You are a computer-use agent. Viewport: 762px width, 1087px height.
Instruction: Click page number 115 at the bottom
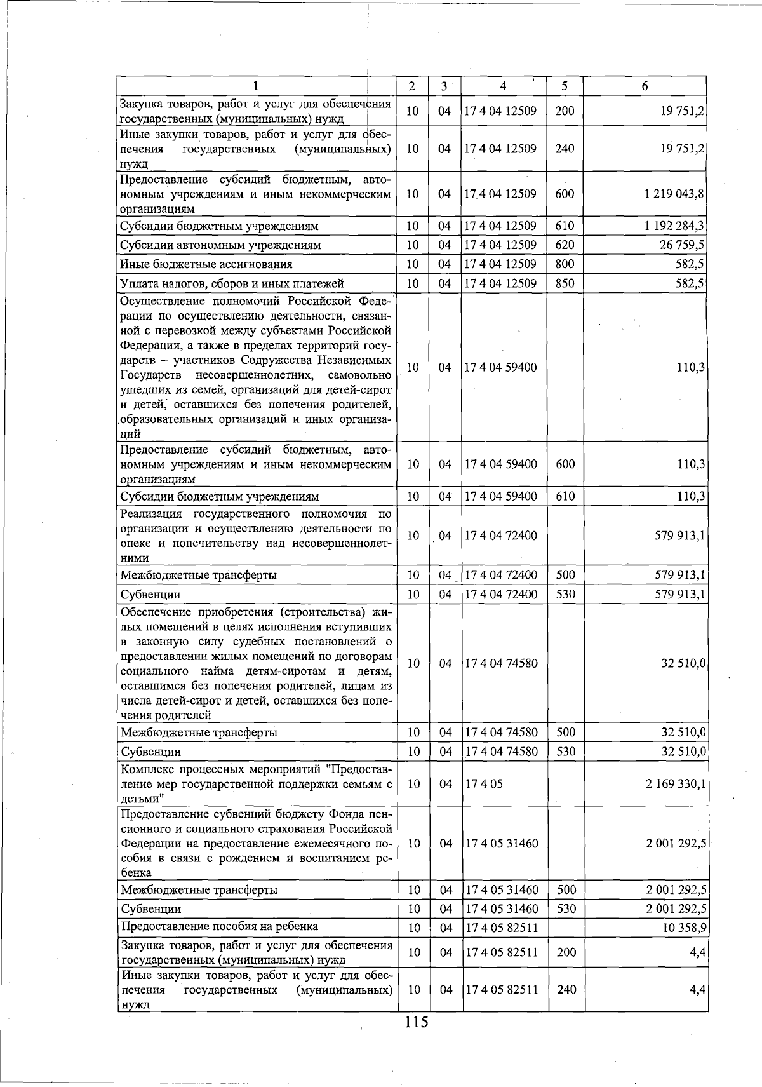(417, 1022)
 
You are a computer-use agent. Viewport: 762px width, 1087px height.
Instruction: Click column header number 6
(645, 86)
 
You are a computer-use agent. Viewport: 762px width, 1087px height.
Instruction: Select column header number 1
(255, 86)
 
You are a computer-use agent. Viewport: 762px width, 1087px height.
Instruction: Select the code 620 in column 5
(565, 245)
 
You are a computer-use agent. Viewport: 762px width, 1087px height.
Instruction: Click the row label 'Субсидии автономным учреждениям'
(221, 245)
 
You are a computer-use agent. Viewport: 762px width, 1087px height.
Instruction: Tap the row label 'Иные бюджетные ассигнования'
(206, 264)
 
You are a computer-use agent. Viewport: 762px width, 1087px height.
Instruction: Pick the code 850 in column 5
(565, 283)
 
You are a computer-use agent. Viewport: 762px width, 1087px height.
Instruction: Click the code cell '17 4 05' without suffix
(484, 783)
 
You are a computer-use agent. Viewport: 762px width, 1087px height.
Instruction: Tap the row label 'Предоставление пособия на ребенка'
(220, 926)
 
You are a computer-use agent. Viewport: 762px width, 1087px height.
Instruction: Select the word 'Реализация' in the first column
(151, 513)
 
